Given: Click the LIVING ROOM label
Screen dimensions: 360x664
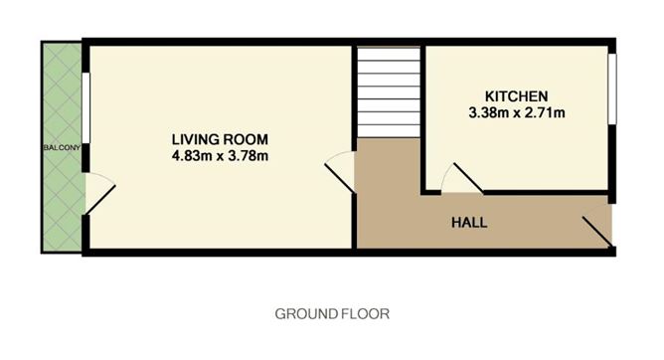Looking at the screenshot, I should coord(220,139).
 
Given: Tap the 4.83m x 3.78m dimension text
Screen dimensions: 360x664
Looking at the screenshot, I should coord(220,155).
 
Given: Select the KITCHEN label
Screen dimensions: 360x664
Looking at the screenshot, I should coord(516,96).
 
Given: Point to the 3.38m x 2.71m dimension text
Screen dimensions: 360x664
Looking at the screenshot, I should coord(516,112).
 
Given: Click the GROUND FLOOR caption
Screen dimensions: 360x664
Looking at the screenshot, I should coord(332,313).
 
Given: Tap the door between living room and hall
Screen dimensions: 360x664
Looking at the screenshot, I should coord(341,169).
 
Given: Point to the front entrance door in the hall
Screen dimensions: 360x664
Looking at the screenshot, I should coord(596,229).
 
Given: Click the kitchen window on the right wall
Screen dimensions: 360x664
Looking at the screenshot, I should coord(612,88).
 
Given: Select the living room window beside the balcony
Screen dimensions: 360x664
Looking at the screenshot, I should coord(86,109).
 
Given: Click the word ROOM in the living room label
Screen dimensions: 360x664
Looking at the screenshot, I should coord(247,139).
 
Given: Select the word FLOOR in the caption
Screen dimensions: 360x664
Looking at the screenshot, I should coord(364,313).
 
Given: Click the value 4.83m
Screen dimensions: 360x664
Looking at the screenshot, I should coord(190,155).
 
